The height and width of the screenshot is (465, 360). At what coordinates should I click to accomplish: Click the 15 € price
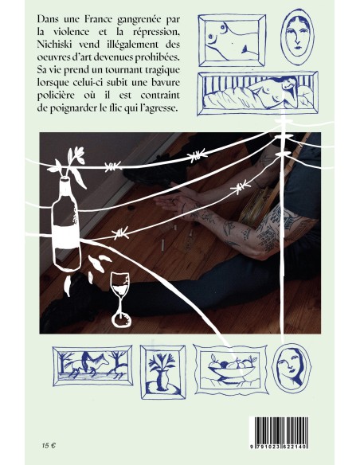point(49,445)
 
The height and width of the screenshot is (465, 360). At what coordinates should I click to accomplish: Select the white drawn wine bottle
point(66,224)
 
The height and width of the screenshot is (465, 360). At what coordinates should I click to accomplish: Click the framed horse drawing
point(92,365)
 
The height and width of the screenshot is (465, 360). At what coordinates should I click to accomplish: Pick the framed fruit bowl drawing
point(231,369)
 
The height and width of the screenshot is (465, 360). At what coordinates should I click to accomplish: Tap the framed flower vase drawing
point(162,372)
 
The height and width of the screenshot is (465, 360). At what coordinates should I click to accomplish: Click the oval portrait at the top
point(297,37)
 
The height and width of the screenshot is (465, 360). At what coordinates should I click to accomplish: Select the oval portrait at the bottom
point(292,368)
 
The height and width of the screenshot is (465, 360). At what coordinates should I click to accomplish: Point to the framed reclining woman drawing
point(258,93)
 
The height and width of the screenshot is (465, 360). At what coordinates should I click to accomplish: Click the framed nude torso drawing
point(232,40)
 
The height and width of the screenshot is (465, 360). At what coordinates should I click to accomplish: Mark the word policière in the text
point(55,96)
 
